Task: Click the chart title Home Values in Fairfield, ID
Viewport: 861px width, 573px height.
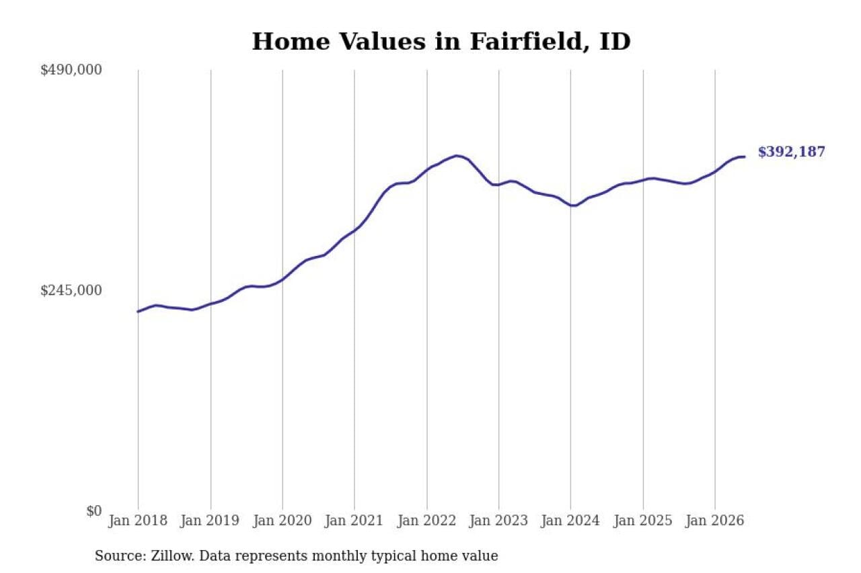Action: point(441,42)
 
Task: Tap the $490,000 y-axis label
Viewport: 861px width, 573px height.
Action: point(71,71)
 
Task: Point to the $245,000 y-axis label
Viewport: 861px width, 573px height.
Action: point(71,290)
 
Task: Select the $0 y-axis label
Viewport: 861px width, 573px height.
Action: point(93,511)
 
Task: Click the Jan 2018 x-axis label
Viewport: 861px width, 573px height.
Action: point(138,521)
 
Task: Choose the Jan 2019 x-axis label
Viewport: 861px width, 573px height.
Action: point(210,521)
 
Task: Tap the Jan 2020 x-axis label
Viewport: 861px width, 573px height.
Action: point(282,521)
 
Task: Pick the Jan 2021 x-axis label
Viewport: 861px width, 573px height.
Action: point(354,521)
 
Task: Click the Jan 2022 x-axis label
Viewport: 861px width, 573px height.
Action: point(426,521)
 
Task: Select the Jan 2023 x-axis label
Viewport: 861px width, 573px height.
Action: point(498,521)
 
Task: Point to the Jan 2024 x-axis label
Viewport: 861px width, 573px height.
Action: point(570,521)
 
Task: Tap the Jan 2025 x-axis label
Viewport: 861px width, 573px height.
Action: point(643,521)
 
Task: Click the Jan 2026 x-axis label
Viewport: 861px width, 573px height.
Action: point(715,521)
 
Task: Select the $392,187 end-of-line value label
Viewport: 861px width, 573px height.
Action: point(792,152)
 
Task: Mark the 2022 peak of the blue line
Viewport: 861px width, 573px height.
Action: point(456,156)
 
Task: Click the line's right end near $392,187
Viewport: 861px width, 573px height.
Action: point(745,157)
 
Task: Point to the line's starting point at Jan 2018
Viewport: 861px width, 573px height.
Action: point(138,312)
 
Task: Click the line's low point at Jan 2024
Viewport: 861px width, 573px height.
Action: point(574,206)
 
